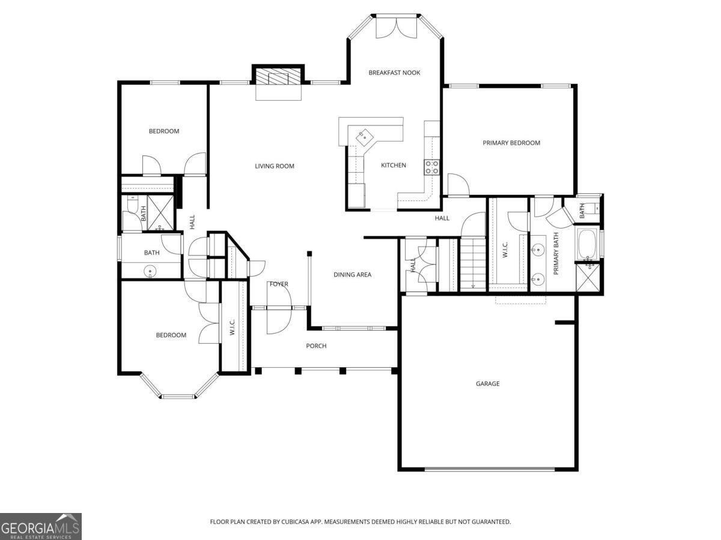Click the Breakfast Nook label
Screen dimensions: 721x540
(394, 73)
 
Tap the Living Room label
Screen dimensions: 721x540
(275, 166)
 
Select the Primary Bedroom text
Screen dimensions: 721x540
(511, 143)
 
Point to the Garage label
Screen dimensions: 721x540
(487, 383)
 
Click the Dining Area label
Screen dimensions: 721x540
(353, 275)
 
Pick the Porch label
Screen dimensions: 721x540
(316, 346)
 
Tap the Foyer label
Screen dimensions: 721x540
(279, 284)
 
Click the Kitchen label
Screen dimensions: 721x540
(393, 165)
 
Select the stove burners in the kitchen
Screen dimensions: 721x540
(431, 167)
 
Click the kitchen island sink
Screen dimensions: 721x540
(364, 136)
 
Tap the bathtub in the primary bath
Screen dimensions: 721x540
(588, 244)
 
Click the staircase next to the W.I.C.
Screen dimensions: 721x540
(473, 264)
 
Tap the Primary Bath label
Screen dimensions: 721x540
(556, 253)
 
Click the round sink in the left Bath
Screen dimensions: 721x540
(150, 271)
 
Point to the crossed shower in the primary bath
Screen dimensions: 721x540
(588, 277)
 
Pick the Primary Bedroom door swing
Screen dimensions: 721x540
(457, 184)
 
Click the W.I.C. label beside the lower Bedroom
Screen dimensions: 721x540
(233, 326)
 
